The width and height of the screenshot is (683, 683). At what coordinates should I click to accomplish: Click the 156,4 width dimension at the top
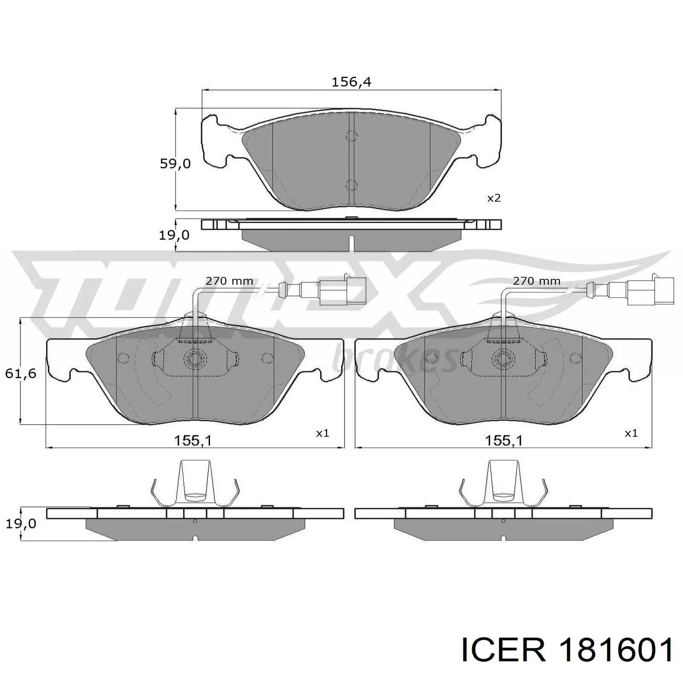point(351,82)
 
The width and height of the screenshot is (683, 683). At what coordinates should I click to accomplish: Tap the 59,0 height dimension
point(175,163)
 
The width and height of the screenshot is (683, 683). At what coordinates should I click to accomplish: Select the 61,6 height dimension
point(20,374)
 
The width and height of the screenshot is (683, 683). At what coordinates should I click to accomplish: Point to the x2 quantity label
point(493,198)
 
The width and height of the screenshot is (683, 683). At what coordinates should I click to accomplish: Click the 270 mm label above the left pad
point(229,281)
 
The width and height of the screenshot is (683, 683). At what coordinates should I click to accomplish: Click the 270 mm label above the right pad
point(537,281)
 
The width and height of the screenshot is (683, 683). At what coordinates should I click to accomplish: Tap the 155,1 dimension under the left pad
point(193,440)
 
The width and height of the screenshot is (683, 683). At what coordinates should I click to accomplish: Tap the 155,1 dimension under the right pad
point(504,440)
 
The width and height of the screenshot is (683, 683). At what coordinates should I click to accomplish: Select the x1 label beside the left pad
point(322,433)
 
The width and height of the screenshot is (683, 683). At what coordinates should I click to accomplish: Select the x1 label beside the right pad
point(631,433)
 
